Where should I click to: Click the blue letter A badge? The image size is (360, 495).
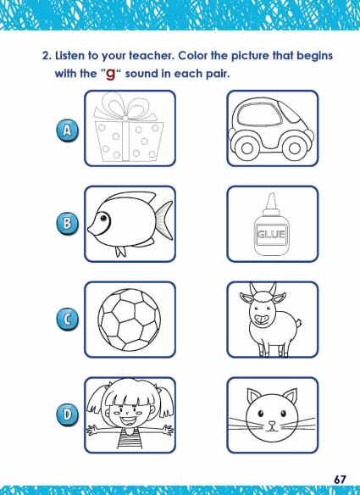(67, 130)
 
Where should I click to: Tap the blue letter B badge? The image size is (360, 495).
(67, 224)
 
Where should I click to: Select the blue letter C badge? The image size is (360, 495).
(67, 320)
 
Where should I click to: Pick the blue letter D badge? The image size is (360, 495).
(67, 414)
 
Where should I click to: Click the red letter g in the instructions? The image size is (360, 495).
(110, 74)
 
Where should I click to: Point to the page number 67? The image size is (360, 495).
(340, 480)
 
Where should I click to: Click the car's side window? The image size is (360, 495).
(260, 114)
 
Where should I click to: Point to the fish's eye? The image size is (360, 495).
(103, 218)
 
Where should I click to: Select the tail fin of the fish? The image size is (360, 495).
(164, 220)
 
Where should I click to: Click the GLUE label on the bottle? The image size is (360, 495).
(271, 234)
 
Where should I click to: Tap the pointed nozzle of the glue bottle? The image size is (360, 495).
(271, 201)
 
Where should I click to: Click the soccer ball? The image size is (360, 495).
(129, 320)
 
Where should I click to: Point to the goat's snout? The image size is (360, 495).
(262, 319)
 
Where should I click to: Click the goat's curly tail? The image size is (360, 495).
(298, 323)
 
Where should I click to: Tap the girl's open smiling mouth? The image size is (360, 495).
(129, 420)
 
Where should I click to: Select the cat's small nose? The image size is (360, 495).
(271, 423)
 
